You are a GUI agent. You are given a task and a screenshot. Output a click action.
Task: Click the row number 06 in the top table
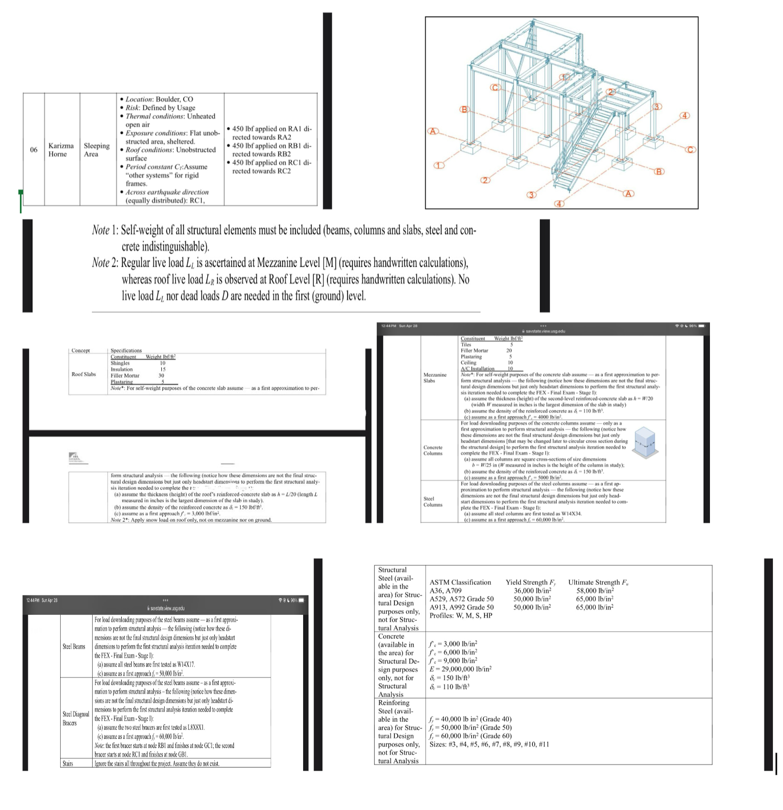click(x=33, y=150)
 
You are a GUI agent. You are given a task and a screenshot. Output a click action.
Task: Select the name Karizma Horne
click(x=61, y=150)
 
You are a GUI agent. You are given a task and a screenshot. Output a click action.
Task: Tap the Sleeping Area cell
click(x=97, y=150)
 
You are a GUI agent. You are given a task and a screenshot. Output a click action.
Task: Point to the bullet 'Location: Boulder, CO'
click(x=159, y=99)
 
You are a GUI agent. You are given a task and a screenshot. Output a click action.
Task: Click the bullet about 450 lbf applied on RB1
click(x=271, y=150)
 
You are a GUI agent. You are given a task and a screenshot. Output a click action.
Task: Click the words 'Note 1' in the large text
click(x=105, y=230)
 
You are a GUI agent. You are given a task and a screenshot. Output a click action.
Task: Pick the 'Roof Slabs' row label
click(x=84, y=374)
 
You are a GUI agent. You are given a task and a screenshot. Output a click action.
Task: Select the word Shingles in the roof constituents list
click(x=120, y=363)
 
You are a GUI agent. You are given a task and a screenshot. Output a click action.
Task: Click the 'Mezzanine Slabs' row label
click(x=435, y=377)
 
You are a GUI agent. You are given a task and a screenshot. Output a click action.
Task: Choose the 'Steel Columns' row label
click(x=433, y=501)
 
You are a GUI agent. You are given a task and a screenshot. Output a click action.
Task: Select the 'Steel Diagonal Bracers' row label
click(x=76, y=718)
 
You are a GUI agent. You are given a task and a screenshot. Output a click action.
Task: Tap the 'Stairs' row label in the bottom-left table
click(x=68, y=764)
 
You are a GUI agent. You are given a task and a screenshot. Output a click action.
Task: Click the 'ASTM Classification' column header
click(x=460, y=582)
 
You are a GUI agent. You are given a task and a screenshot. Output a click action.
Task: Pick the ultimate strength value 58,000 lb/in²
click(x=594, y=591)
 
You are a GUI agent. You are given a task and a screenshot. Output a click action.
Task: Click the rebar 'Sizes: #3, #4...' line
click(x=489, y=744)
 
